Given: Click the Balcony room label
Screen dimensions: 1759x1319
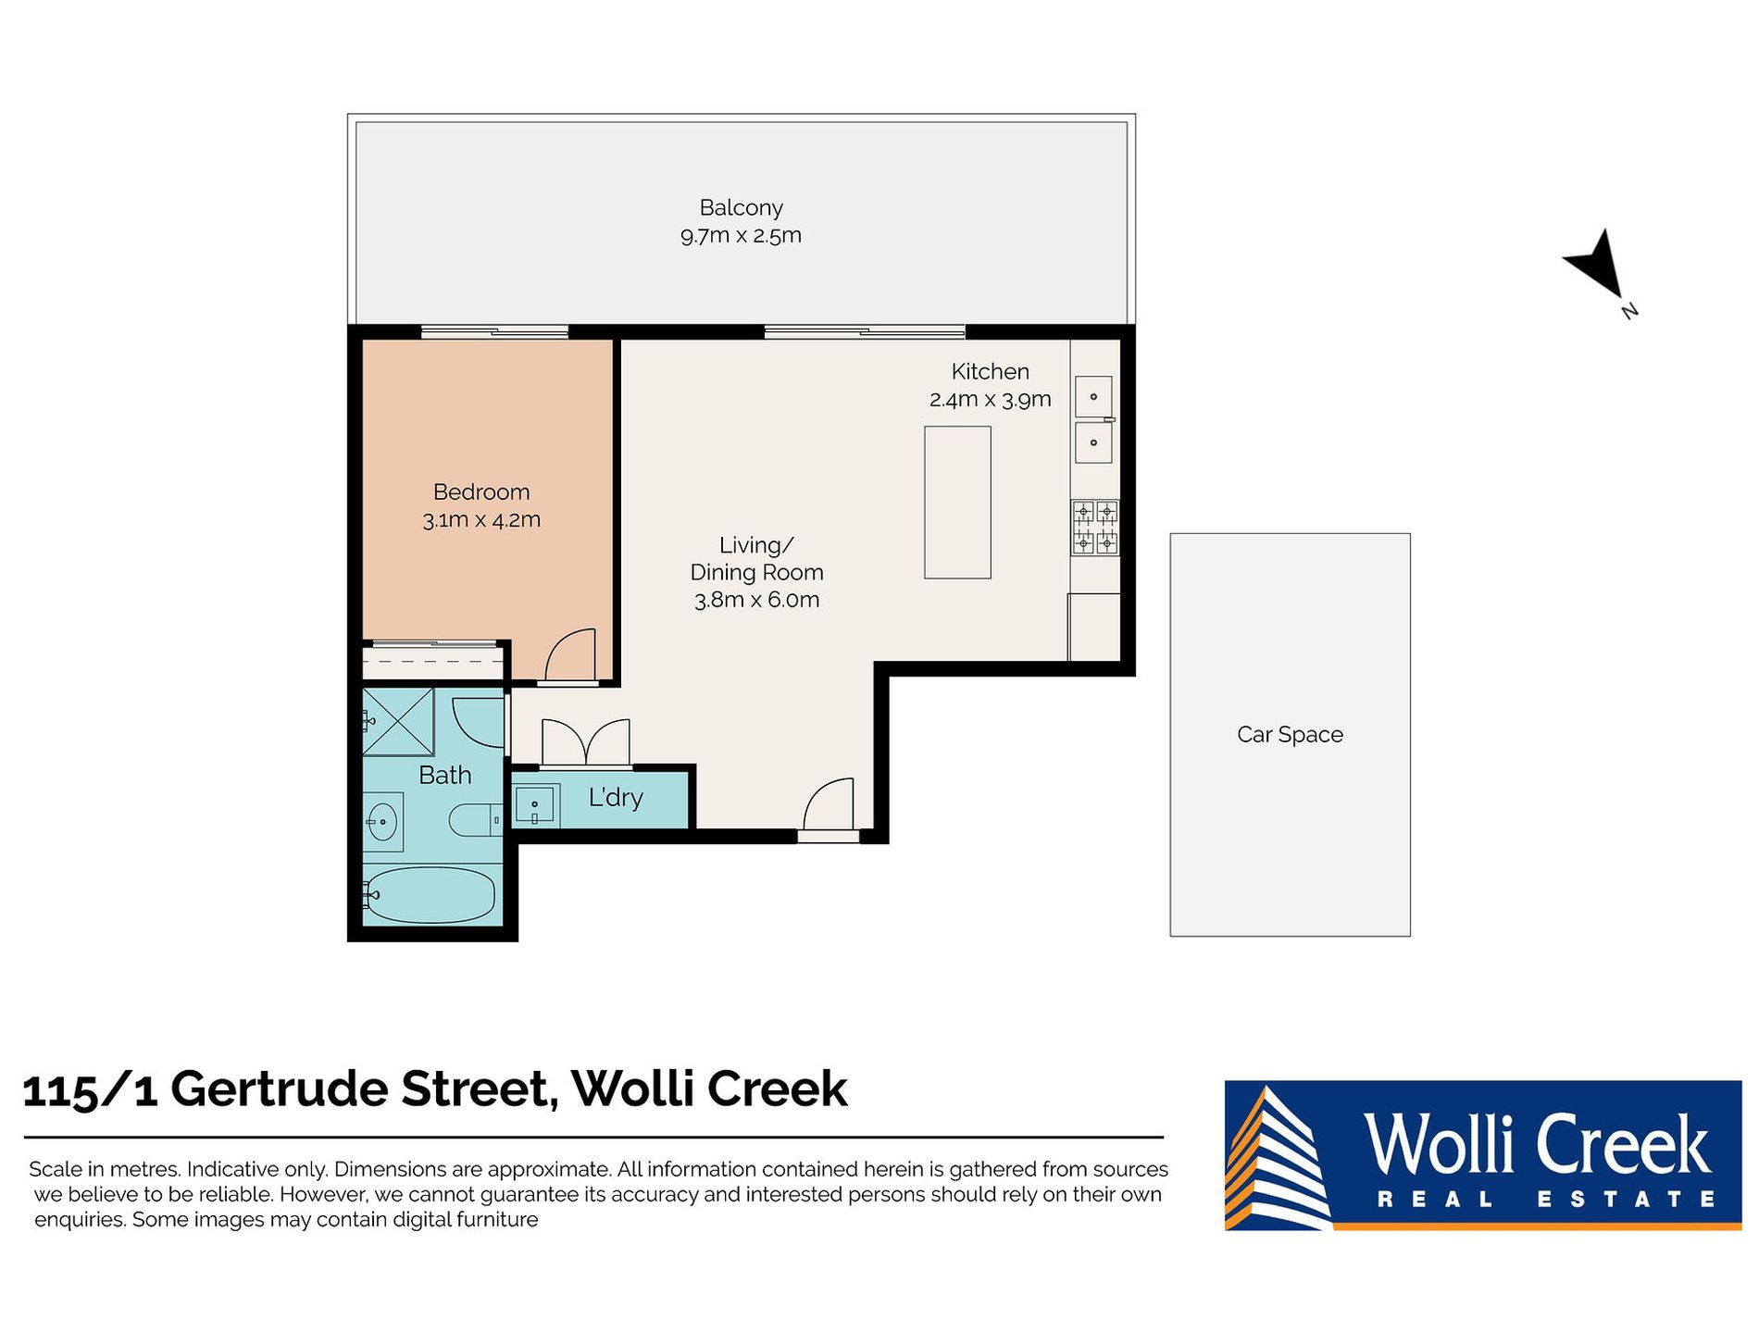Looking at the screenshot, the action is tap(741, 208).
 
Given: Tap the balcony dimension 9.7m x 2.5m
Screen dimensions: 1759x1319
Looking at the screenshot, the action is tap(741, 235).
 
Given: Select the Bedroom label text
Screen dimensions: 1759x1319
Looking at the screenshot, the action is tap(481, 492).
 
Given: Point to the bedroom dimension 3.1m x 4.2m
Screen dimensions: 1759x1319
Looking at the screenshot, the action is tap(481, 519).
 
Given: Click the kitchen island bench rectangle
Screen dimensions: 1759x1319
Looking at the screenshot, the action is tap(957, 503).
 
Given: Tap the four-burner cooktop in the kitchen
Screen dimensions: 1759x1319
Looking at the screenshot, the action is tap(1095, 528).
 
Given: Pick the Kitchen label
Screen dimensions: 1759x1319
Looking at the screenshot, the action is tap(990, 371).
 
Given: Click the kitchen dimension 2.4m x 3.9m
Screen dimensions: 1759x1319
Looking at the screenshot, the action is tap(990, 399).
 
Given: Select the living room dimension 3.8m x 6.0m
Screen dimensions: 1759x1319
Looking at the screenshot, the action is tap(756, 600).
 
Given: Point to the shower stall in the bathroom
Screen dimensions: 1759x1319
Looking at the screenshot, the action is tap(398, 722).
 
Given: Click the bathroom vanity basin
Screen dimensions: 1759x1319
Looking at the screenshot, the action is tap(381, 821).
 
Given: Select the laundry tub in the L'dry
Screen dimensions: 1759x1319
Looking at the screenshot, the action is tap(534, 804).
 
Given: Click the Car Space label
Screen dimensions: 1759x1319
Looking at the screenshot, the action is tap(1290, 735).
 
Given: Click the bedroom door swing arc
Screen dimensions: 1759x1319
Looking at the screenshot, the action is tap(567, 648).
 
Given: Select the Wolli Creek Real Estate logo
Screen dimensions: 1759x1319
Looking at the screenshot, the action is tap(1482, 1155).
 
